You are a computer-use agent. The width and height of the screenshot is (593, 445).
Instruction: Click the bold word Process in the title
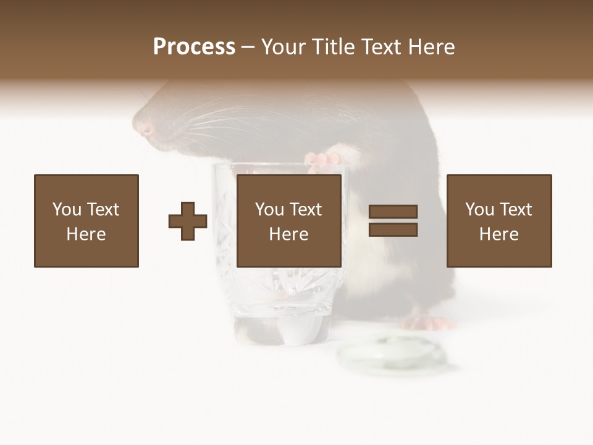click(194, 47)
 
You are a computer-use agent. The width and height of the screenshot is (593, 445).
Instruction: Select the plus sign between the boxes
click(188, 221)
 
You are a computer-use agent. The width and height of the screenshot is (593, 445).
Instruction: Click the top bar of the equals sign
click(393, 212)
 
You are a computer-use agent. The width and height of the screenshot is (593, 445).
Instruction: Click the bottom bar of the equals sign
click(393, 230)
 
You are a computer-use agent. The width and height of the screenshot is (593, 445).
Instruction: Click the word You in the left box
click(67, 210)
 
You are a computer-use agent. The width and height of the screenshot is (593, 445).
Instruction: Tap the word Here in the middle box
click(289, 234)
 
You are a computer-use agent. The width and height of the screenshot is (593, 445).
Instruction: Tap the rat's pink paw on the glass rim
click(323, 160)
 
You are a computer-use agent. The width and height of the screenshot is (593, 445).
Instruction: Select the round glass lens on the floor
click(390, 355)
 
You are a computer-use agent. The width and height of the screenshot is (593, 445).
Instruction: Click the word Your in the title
click(284, 47)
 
